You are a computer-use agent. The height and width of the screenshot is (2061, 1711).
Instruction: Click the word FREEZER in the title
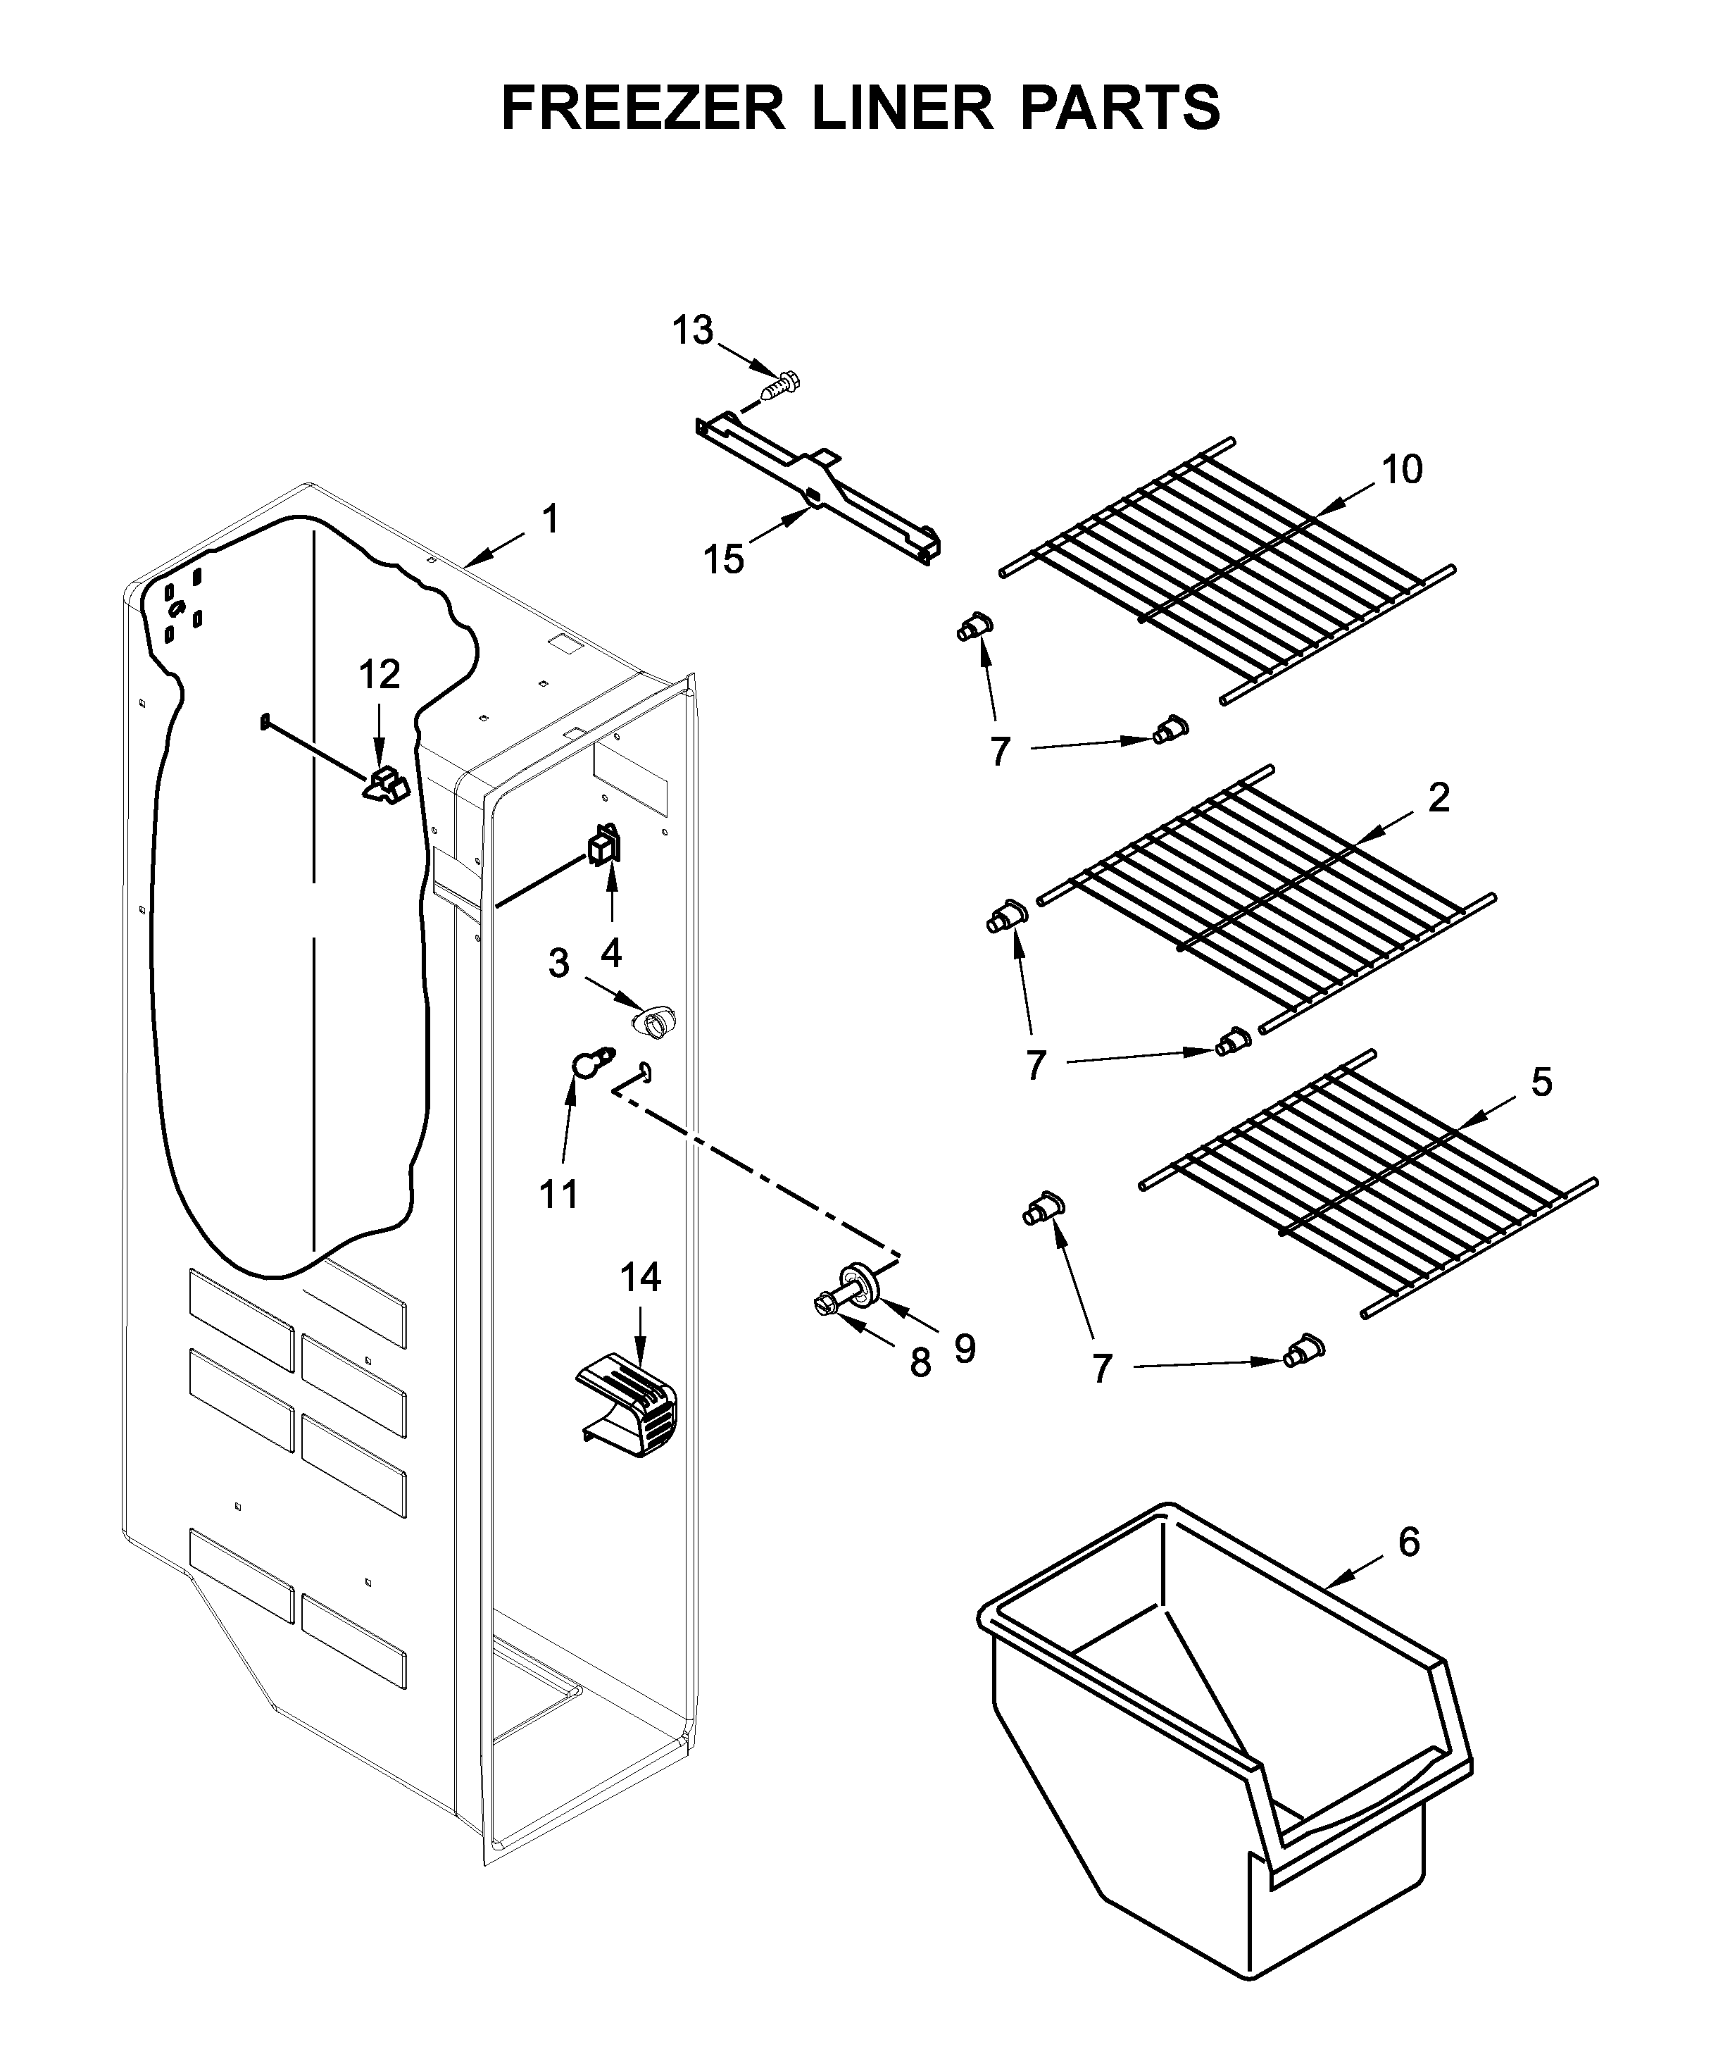643,107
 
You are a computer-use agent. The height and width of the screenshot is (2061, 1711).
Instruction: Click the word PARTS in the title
1120,107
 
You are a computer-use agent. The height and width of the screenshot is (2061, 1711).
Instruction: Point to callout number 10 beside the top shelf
1402,469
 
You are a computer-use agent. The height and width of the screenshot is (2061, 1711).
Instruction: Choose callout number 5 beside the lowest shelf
1541,1083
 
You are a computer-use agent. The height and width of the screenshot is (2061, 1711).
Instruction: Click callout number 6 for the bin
1408,1542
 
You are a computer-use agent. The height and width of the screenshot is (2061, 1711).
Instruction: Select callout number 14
641,1277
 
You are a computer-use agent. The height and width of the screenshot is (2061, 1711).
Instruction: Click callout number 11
559,1195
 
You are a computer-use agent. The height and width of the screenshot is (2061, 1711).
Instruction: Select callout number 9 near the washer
965,1350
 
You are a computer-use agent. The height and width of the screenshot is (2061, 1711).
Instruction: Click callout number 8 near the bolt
920,1362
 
